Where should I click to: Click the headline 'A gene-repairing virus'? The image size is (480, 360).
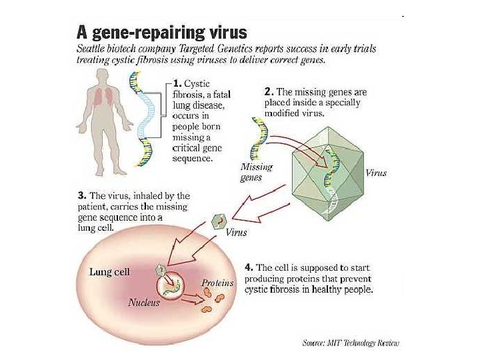coord(163,31)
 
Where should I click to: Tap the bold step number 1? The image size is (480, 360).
coord(177,84)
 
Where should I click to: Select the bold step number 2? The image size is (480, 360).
coord(268,91)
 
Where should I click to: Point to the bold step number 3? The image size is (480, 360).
coord(81,195)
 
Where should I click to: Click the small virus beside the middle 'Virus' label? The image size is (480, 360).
coord(217,222)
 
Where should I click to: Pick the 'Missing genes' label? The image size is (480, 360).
coord(256,173)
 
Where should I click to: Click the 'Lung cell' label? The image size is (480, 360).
coord(110,272)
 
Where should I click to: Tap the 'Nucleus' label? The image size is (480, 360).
coord(145,303)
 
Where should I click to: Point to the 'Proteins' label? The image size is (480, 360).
coord(217,283)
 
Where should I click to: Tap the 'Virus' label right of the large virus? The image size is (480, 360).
coord(376,173)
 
